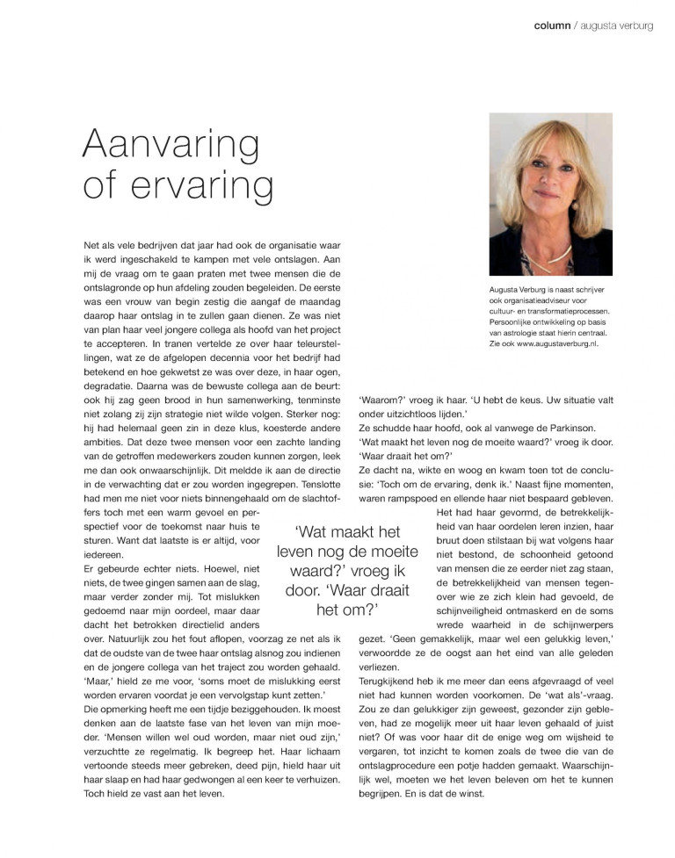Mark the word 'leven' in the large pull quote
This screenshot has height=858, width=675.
pyautogui.click(x=301, y=552)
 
